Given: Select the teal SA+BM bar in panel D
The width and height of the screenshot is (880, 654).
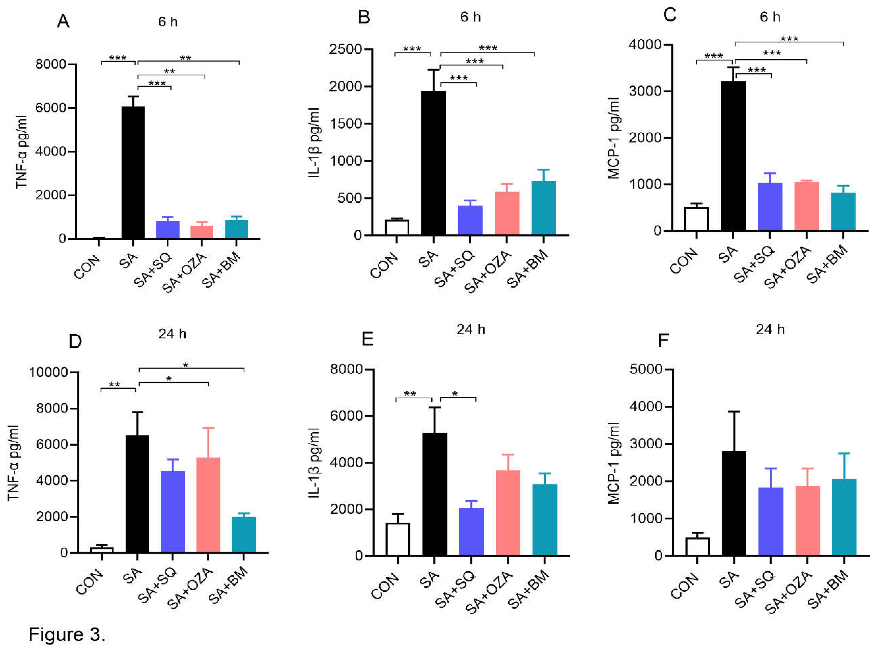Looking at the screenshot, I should tap(244, 534).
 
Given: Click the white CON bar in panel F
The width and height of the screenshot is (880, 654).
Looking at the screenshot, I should tap(697, 547).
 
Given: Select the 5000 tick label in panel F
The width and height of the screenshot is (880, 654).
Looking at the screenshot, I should tap(646, 369).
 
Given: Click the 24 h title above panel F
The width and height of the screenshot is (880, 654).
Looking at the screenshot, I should tap(770, 329).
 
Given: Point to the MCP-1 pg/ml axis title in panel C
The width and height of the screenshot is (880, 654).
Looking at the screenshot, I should tap(613, 139).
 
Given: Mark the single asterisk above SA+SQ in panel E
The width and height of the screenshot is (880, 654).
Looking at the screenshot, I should tap(455, 394).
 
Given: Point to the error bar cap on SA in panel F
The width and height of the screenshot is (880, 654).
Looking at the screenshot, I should tap(733, 412).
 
